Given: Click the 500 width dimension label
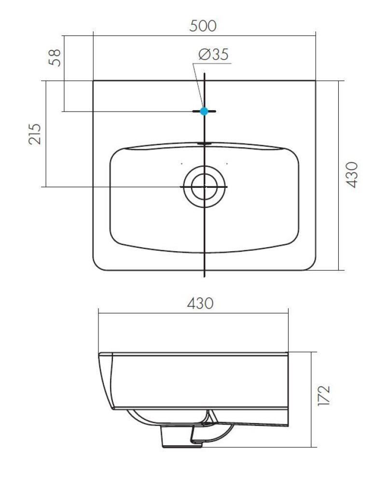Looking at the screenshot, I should pos(203,26).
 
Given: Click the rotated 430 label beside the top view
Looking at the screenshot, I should pos(353,174).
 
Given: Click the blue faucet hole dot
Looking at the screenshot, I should pos(204,111).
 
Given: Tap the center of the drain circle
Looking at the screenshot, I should pos(205,186).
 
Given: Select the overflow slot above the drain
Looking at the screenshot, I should pos(205,143).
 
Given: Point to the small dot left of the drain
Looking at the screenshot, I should pos(181,164).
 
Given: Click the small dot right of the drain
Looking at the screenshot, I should pos(227,164).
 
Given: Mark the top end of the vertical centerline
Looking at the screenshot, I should pos(205,74).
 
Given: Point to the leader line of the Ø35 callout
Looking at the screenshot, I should pos(197,82).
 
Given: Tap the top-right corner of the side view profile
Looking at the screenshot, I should pos(288,353).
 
